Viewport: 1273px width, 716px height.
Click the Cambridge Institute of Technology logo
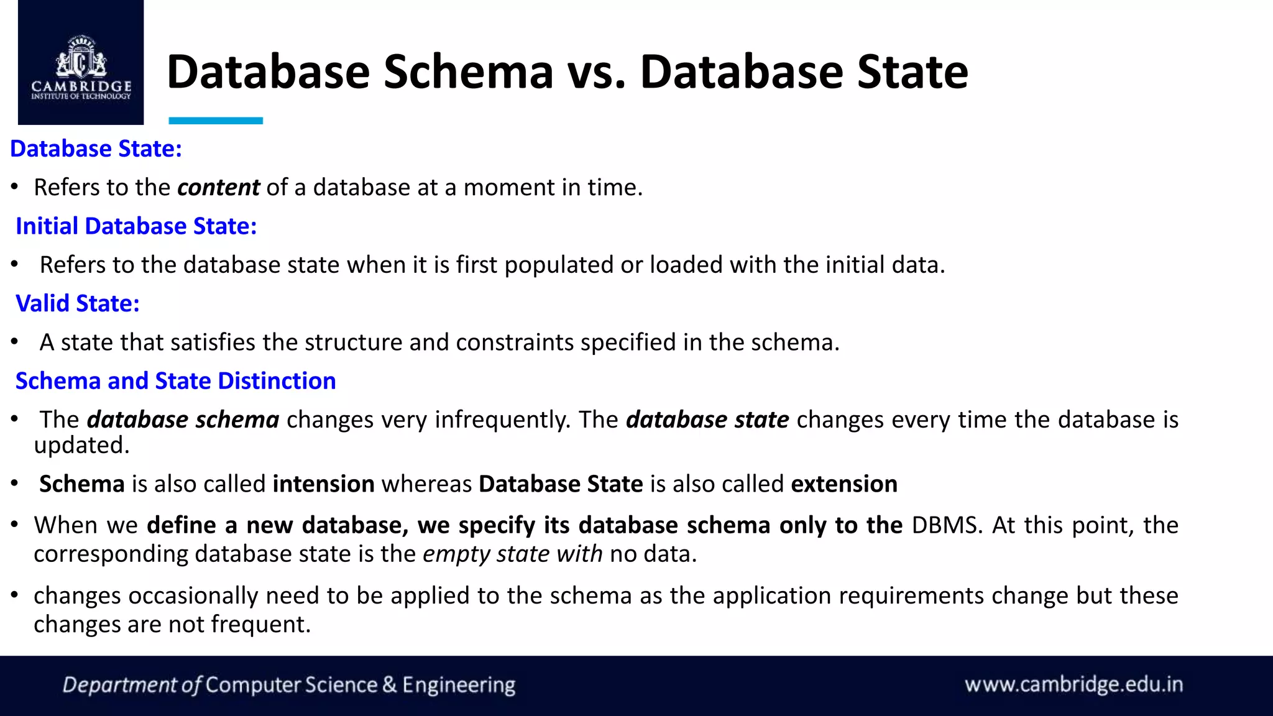(x=81, y=66)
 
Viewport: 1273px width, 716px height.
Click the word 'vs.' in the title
(x=596, y=72)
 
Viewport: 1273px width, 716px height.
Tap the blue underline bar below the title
(x=216, y=121)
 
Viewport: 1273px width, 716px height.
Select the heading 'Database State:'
(x=96, y=149)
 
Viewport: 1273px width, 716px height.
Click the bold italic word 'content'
(x=218, y=188)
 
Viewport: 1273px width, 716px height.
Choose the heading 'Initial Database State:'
(x=136, y=226)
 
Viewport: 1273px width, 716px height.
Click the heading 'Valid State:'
(x=78, y=304)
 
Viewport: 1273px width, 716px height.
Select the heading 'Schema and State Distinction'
(x=175, y=381)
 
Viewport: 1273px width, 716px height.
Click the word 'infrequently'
(x=502, y=420)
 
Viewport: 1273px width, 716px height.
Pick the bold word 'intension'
(x=323, y=484)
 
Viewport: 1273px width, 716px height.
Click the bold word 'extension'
(x=844, y=484)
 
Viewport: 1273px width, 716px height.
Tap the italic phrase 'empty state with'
(x=512, y=554)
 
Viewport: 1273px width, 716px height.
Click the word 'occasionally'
(x=193, y=596)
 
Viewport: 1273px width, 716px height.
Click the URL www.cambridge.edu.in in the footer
(x=1073, y=684)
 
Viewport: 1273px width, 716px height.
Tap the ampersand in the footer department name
(x=390, y=685)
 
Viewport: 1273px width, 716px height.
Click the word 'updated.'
(x=81, y=446)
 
